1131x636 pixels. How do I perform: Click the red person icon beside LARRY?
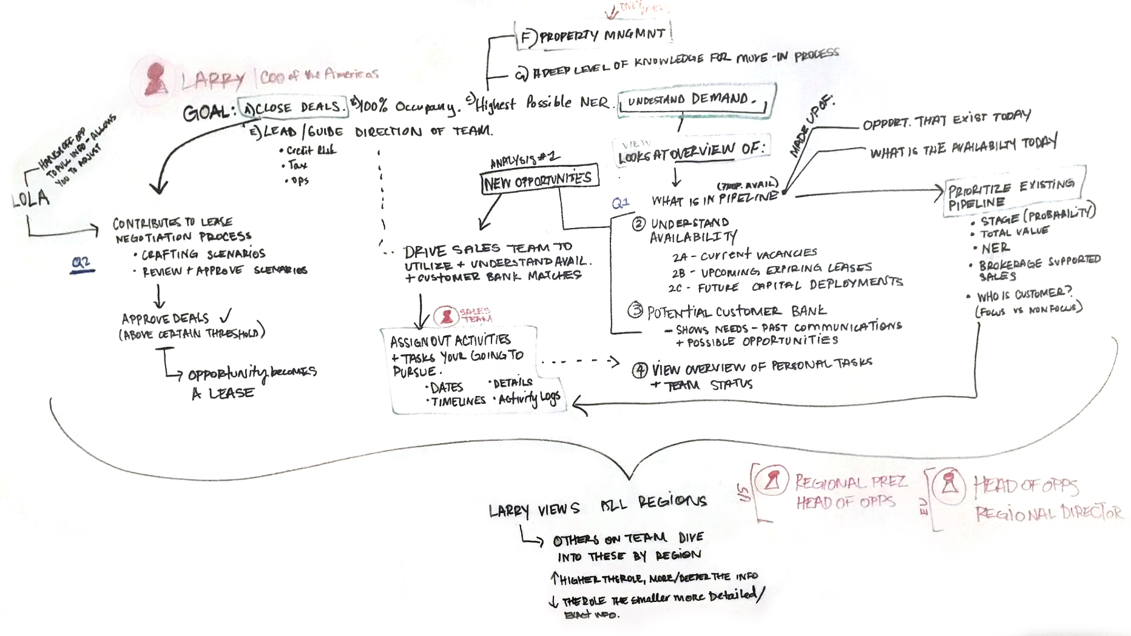pos(157,79)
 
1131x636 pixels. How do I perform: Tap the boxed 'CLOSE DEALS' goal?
pos(294,107)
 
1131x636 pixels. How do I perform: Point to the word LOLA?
pos(30,198)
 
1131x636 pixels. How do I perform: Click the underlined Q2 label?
pos(81,263)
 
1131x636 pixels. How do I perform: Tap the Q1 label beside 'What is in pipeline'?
pos(621,203)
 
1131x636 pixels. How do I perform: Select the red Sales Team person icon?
pos(447,316)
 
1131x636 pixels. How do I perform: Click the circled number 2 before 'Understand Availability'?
pos(638,224)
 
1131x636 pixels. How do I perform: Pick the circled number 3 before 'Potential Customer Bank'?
pos(635,310)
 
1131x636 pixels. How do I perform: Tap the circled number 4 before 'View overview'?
pos(640,370)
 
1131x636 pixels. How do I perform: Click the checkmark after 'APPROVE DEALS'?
pos(226,316)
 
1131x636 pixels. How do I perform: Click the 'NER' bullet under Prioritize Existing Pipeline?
pos(995,248)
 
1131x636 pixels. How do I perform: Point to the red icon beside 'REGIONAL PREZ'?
pos(772,481)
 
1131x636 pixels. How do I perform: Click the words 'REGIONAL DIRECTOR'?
pos(1048,514)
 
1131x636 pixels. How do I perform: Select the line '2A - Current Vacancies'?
pos(744,255)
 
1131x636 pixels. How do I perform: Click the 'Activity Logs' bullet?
pos(528,399)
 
